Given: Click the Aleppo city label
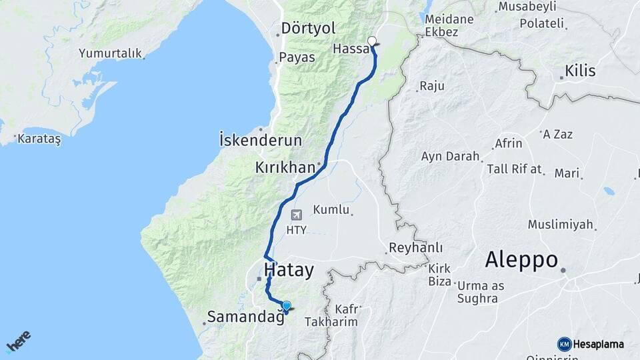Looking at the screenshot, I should tap(521, 259).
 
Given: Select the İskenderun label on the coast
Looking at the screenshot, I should tap(260, 141).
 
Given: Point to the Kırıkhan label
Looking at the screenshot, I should tap(284, 167).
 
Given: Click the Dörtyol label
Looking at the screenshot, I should tap(308, 29).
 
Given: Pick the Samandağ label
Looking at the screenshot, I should tap(246, 317).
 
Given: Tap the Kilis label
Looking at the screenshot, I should tap(580, 71).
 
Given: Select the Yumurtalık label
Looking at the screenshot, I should tap(110, 53).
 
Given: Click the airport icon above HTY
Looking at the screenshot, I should tap(296, 215).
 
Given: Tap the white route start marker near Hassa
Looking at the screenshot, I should tap(372, 40).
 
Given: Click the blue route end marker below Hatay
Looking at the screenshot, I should tap(287, 307).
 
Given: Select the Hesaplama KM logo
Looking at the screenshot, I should tap(591, 344).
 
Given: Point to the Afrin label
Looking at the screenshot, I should tap(509, 143).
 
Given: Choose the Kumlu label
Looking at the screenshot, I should tap(331, 210).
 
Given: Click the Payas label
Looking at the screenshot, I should tap(297, 57).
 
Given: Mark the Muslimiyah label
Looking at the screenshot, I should tap(560, 224).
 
